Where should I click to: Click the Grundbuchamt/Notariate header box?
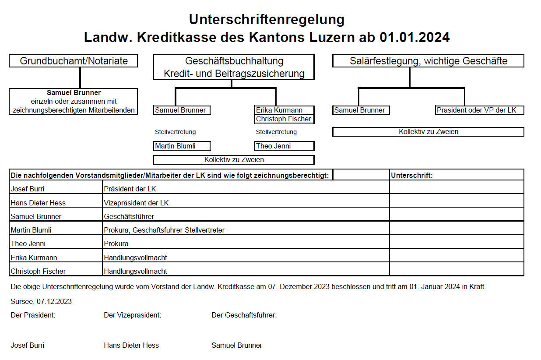click(74, 61)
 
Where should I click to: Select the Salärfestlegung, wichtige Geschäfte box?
click(428, 61)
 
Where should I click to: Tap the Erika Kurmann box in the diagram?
click(284, 110)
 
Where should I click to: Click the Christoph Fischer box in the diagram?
click(284, 119)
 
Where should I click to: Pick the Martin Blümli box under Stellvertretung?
click(182, 146)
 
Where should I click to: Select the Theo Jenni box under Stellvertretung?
click(284, 146)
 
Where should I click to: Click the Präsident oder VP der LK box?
click(479, 110)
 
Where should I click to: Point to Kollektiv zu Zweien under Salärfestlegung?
click(428, 131)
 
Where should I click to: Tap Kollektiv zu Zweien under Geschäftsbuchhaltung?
click(234, 160)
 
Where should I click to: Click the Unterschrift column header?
click(456, 175)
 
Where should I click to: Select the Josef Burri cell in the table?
click(56, 189)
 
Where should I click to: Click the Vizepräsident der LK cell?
click(246, 203)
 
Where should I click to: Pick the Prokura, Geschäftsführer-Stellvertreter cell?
click(246, 230)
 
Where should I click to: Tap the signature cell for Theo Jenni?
click(456, 244)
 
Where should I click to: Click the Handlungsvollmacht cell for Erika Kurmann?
click(246, 258)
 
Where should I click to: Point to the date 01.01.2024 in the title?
click(414, 38)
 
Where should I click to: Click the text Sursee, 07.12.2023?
click(41, 301)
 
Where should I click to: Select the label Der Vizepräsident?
click(133, 315)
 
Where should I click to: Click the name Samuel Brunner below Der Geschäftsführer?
click(237, 345)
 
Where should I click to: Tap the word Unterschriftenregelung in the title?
click(267, 19)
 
